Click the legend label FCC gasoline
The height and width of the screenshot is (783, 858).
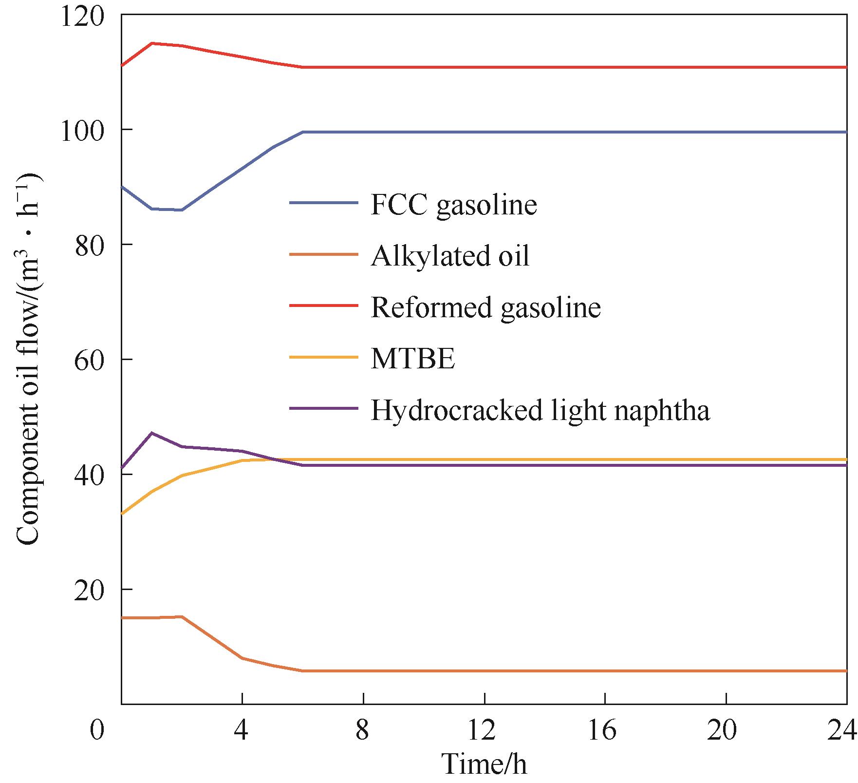point(453,205)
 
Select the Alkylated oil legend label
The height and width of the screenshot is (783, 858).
point(450,256)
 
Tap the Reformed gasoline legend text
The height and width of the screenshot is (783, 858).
point(485,307)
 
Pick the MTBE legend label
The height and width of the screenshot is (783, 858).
point(413,359)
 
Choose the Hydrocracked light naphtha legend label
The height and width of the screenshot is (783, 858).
point(540,410)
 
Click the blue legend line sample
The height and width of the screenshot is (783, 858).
point(324,202)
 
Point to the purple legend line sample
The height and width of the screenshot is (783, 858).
point(324,408)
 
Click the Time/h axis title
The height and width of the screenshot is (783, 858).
point(484,764)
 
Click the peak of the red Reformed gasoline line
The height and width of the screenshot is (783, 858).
point(152,43)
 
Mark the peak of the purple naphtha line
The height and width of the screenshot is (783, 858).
point(152,433)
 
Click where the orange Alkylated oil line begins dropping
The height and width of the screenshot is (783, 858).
point(182,616)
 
